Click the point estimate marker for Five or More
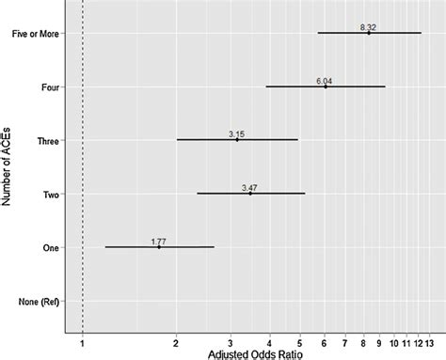[x=369, y=33]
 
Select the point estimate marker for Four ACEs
[x=326, y=86]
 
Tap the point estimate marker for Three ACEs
[x=236, y=139]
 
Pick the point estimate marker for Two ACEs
[x=250, y=193]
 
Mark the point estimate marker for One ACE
[x=159, y=246]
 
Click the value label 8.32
[x=369, y=27]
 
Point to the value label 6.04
[x=326, y=81]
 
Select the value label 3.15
[x=236, y=133]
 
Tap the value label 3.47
[x=250, y=187]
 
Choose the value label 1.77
[x=159, y=241]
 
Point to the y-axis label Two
[x=51, y=194]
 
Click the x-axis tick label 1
[x=83, y=342]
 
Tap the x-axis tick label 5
[x=299, y=342]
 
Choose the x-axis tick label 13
[x=429, y=342]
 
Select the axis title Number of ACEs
[x=8, y=169]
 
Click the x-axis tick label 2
[x=176, y=342]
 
